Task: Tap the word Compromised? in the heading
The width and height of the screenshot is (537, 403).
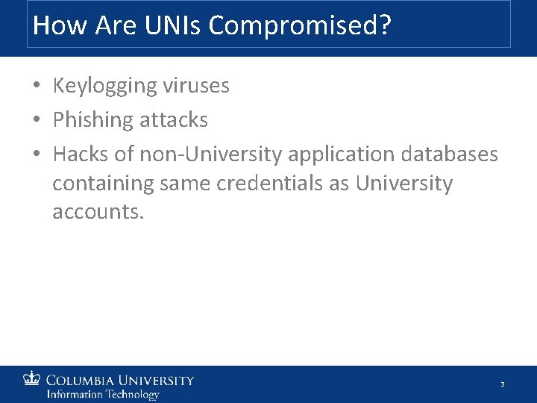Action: tap(300, 26)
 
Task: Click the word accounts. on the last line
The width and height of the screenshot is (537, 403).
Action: tap(98, 211)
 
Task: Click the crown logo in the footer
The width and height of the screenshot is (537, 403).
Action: tap(32, 379)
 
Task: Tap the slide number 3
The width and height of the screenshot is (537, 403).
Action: tap(503, 384)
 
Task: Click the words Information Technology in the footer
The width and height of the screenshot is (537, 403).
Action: tap(103, 394)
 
